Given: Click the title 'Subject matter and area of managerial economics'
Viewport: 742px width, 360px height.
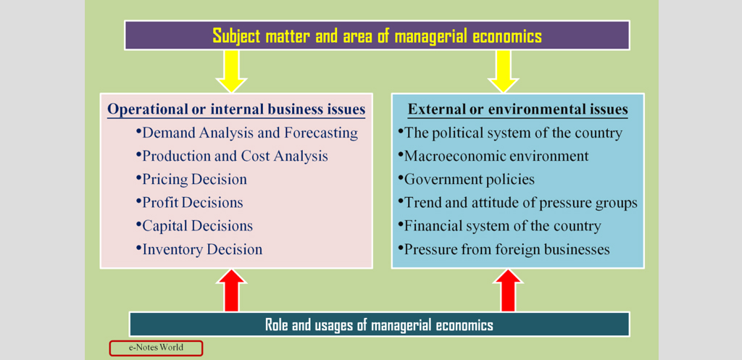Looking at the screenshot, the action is (377, 36).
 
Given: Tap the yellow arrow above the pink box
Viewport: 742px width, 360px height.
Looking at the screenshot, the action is (231, 71).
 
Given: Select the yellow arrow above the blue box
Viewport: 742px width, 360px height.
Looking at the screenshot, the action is (503, 71).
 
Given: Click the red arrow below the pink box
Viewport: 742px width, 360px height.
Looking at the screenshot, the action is (231, 290).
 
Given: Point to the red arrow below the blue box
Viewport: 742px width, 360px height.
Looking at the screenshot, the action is (508, 290).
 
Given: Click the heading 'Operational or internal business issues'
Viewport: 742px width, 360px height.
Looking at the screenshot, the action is (236, 110).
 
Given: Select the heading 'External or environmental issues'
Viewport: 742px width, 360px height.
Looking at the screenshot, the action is (517, 110).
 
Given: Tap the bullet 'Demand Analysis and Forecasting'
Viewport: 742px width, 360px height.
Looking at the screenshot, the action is (246, 133).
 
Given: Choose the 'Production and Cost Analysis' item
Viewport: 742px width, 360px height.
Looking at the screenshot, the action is (232, 156).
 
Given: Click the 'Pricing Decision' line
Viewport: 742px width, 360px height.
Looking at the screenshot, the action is (191, 180).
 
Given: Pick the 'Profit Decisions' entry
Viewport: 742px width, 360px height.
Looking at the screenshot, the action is (189, 203).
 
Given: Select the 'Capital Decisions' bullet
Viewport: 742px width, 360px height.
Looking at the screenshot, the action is (194, 226).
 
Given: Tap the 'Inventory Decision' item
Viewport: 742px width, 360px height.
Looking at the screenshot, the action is (199, 249).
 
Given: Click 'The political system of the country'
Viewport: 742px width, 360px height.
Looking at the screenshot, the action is (510, 133).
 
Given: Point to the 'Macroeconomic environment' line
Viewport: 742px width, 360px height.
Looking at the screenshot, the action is (493, 156).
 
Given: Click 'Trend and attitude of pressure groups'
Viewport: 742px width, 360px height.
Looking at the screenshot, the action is (517, 203).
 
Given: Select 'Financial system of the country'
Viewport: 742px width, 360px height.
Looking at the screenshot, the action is (500, 226).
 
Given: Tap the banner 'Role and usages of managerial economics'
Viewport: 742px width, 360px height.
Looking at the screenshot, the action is (379, 325).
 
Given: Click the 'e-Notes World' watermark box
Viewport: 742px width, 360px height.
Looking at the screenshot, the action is (156, 348).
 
